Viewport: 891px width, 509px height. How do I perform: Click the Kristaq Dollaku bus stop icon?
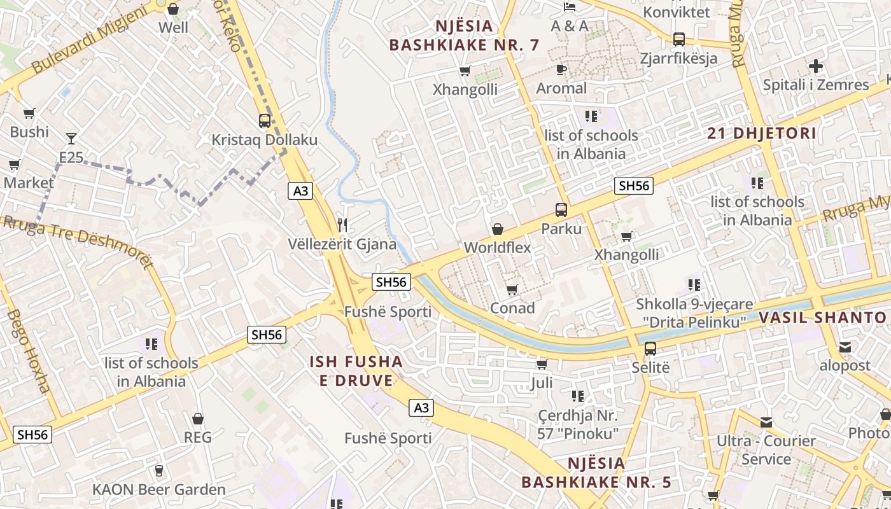click(x=264, y=120)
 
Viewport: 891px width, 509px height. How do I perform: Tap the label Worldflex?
click(x=497, y=248)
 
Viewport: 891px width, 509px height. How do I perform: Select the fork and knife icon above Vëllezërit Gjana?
click(x=342, y=225)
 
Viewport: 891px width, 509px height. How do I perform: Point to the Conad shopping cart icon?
click(x=512, y=290)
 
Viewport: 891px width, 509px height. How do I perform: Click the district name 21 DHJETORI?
click(x=762, y=134)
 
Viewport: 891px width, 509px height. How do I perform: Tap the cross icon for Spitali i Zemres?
click(x=815, y=66)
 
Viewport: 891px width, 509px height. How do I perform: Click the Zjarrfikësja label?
click(x=678, y=59)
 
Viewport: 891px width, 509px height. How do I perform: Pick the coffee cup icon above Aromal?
click(x=561, y=69)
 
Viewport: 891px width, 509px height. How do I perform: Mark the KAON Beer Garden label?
click(x=159, y=489)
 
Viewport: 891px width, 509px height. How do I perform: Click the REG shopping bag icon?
click(x=198, y=419)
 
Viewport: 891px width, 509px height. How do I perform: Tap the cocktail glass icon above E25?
click(x=71, y=138)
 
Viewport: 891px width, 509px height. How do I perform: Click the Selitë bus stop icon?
click(x=650, y=349)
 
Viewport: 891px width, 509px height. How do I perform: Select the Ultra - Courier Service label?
click(x=766, y=450)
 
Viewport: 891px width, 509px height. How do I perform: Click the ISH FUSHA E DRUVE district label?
click(x=356, y=371)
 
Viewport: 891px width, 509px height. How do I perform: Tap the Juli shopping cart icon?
click(x=542, y=365)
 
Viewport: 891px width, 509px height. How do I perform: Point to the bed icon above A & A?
click(x=570, y=7)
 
